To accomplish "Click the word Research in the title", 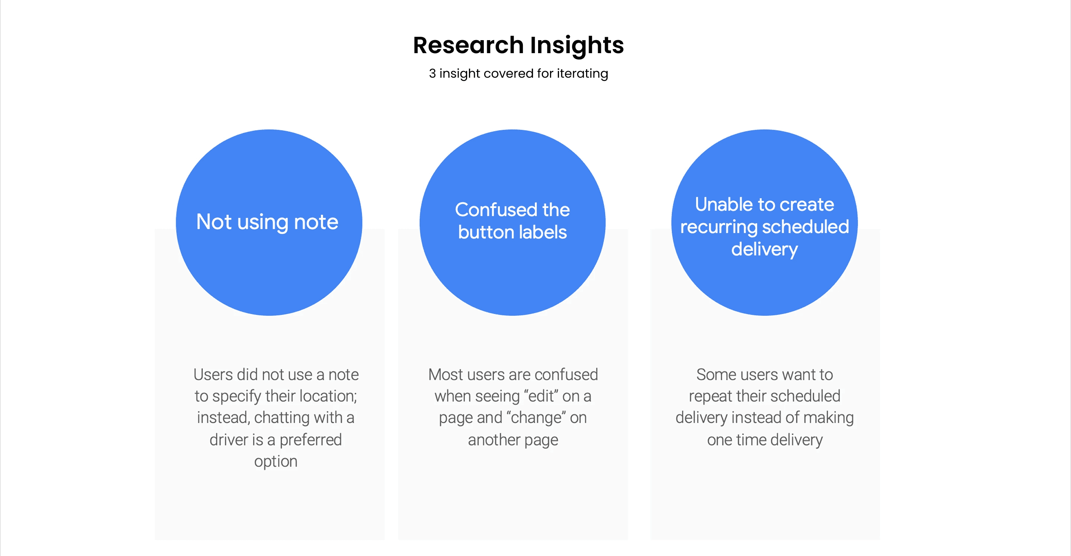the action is [468, 45].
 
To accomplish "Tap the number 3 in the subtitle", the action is [432, 74].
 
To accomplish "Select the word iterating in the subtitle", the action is [582, 74].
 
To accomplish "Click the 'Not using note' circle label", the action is [267, 222].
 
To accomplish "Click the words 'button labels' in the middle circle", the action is [512, 232].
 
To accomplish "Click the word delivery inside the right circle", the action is [764, 249].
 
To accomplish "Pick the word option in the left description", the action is [276, 461].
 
